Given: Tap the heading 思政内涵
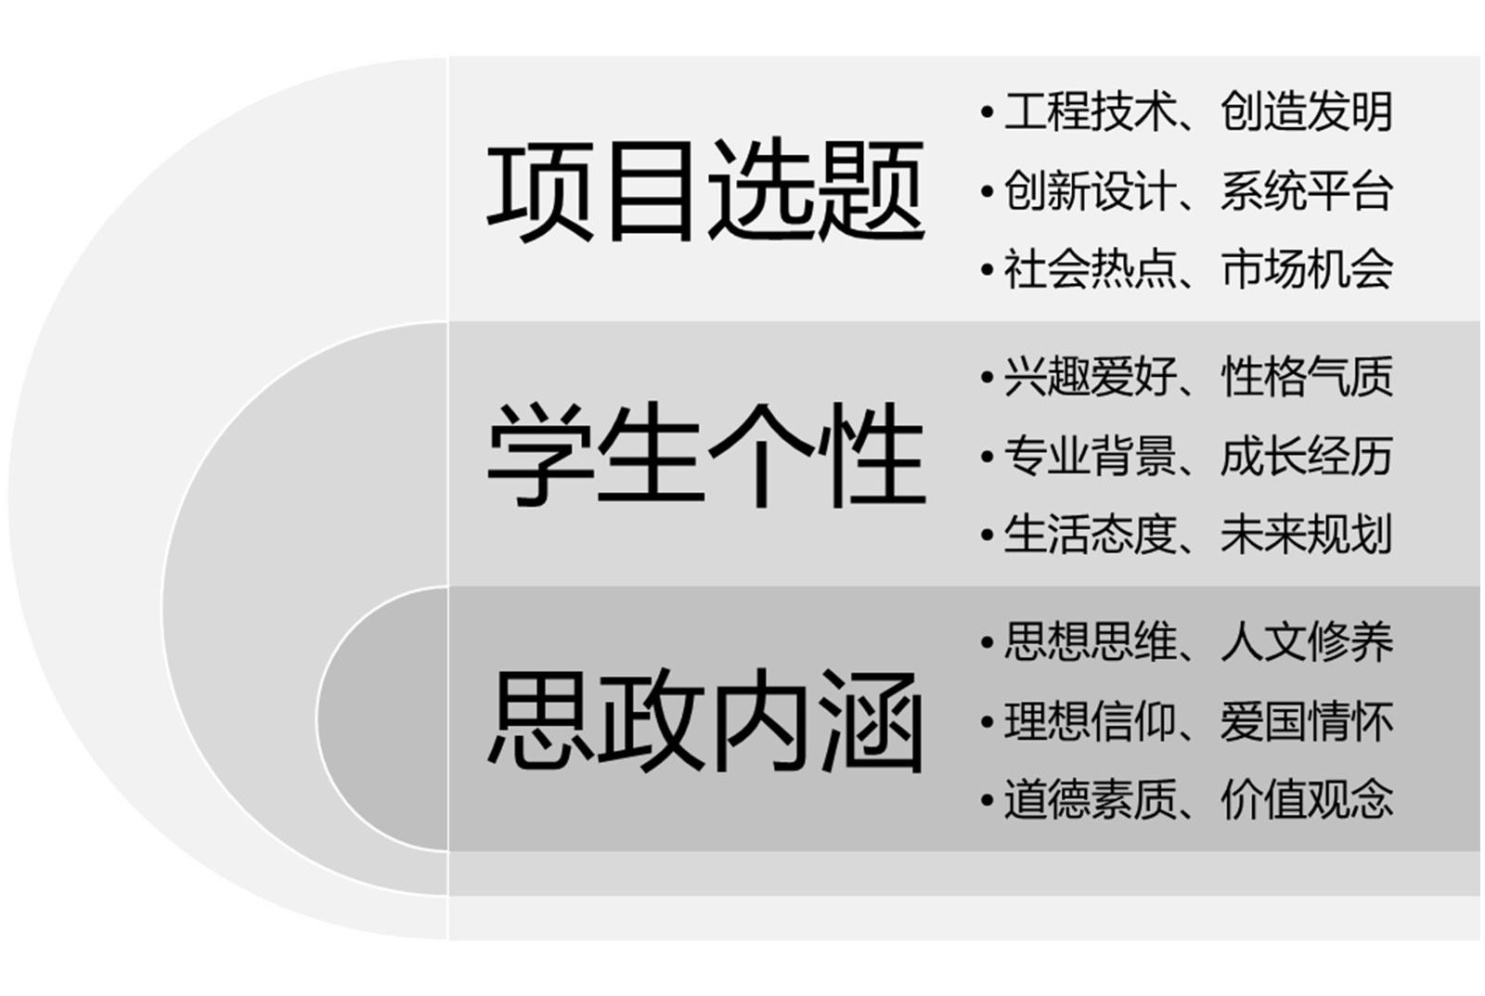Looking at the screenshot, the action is (705, 720).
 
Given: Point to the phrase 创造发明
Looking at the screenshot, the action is (1307, 111).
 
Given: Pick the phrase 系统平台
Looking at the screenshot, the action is (1307, 191).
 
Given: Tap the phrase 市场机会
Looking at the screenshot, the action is (1307, 270).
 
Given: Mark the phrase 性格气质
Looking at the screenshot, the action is (1307, 377).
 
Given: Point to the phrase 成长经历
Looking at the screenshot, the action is (1307, 456).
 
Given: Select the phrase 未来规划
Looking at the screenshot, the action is (1307, 535).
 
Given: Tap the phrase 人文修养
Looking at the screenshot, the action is (1307, 642).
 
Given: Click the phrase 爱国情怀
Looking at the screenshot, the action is (1307, 721).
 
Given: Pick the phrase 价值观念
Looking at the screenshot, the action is (1307, 800).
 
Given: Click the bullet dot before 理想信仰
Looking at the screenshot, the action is (987, 722).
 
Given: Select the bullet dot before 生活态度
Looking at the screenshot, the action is (987, 537).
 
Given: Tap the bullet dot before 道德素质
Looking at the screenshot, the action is (987, 801).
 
